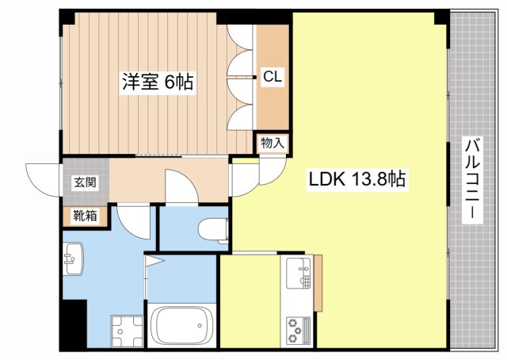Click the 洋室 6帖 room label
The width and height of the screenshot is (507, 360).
(158, 82)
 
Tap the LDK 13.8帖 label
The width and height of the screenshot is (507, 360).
(357, 179)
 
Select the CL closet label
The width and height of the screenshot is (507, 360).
(273, 77)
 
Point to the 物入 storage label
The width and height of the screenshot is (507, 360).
(273, 143)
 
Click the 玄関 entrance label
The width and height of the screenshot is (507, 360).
(85, 182)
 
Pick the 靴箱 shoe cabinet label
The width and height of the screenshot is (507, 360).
(85, 216)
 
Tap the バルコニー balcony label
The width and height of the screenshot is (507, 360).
(472, 180)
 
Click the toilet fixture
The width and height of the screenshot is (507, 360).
(213, 231)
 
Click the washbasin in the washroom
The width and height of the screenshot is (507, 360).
(73, 259)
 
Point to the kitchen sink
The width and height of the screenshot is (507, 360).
(299, 273)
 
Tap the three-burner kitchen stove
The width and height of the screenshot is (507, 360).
(298, 331)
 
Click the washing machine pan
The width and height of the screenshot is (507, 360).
(127, 331)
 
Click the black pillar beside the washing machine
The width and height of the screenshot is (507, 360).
(74, 324)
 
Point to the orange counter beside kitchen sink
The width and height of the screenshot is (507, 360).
(318, 283)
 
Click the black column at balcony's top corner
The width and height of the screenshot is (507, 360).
(442, 17)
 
